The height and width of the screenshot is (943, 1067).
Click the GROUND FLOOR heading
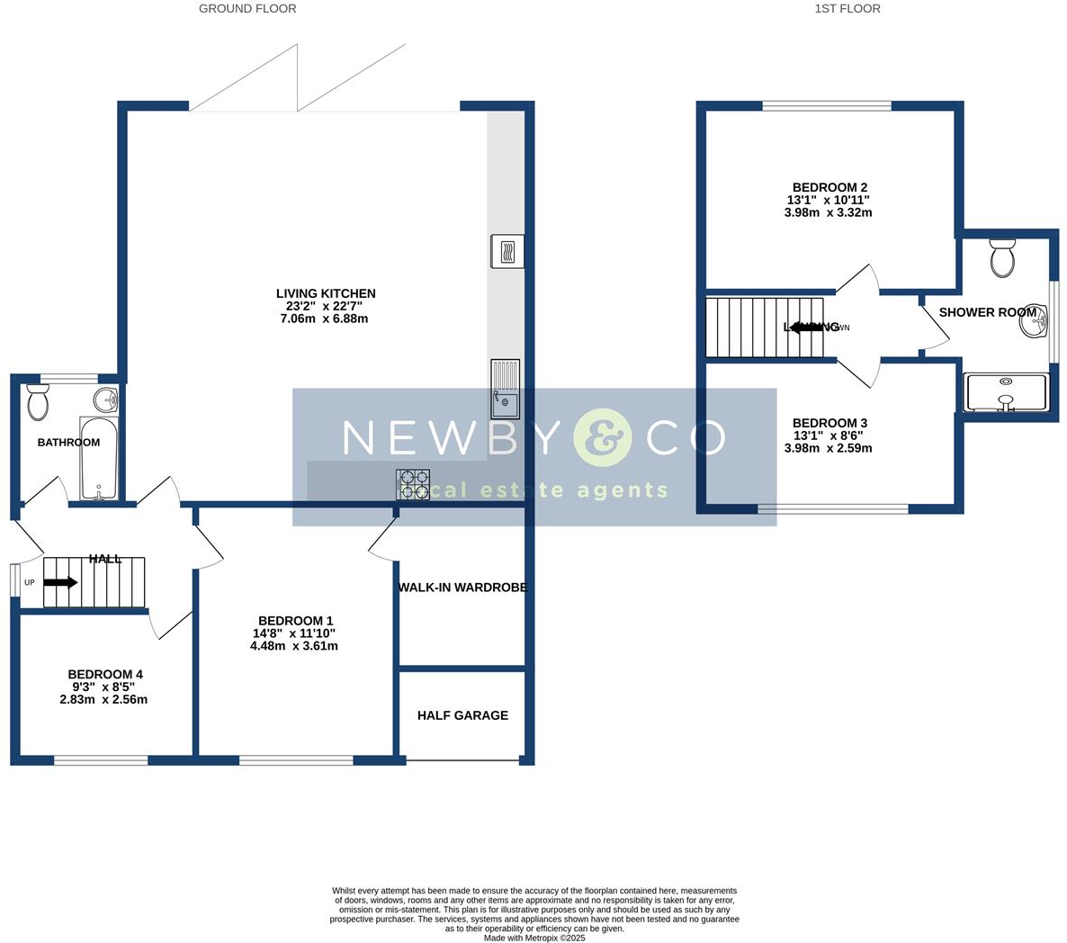(247, 9)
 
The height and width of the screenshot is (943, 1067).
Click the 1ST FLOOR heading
(847, 9)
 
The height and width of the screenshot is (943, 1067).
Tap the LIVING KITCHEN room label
(326, 293)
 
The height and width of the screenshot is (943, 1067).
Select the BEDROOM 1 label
(295, 621)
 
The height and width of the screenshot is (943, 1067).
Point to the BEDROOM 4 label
(105, 675)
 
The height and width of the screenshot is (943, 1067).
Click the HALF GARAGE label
(462, 715)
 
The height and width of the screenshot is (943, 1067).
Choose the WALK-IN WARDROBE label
(462, 588)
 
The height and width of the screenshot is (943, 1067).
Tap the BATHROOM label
(68, 443)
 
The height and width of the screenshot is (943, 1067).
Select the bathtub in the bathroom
(98, 458)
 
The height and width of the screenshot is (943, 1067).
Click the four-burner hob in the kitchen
(413, 485)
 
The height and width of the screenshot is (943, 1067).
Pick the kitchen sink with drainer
(505, 390)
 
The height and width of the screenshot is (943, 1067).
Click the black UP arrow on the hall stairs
(60, 582)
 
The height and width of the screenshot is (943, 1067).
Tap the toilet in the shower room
(1002, 258)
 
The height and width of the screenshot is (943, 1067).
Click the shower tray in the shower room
(1006, 393)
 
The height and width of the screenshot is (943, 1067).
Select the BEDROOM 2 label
(829, 188)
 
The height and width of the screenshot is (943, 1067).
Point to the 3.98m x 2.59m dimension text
(828, 448)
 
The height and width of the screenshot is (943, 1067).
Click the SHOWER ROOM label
(987, 312)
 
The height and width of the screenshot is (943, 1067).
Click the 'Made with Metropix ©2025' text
(534, 938)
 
